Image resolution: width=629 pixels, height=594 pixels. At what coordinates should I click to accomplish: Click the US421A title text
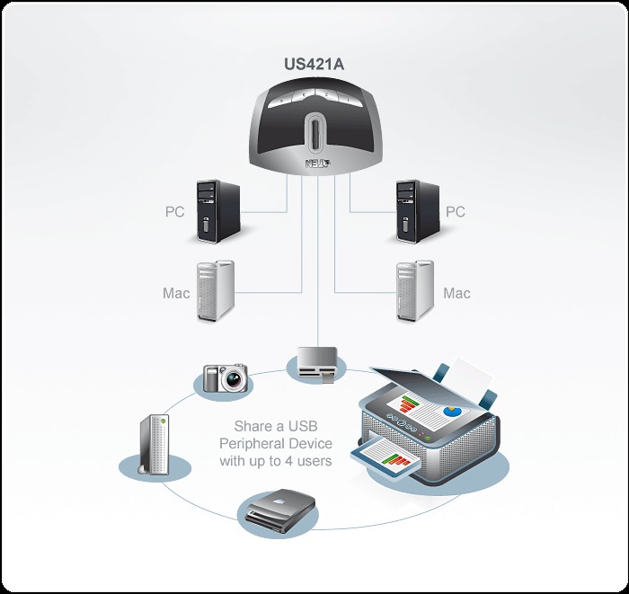(x=314, y=66)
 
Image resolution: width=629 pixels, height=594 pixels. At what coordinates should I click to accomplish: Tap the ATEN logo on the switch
(x=316, y=164)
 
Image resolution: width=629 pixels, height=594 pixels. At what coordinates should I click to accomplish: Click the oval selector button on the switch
(x=314, y=135)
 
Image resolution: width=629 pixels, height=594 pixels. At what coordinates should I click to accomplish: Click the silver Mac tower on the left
(x=216, y=292)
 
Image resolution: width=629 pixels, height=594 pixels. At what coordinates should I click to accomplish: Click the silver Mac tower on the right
(x=416, y=292)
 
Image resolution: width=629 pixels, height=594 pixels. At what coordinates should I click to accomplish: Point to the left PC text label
(x=175, y=213)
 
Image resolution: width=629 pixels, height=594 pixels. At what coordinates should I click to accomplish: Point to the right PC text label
(x=456, y=213)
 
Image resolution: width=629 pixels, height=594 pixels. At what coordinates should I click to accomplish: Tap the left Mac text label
(x=175, y=293)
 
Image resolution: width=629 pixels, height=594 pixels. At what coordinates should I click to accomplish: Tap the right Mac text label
(x=456, y=293)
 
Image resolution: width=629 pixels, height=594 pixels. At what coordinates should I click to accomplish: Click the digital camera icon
(x=225, y=377)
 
